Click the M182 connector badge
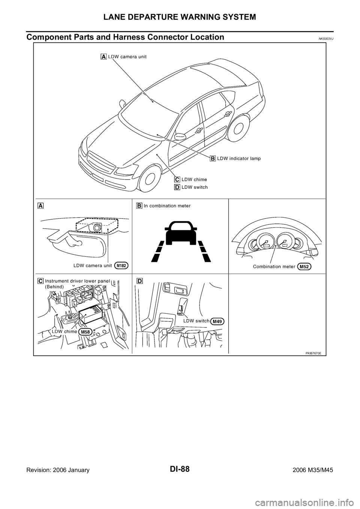click(121, 265)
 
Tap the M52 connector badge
click(304, 267)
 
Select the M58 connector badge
click(85, 332)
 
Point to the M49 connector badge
click(217, 321)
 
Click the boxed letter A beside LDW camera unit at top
click(103, 57)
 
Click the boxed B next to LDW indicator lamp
click(213, 159)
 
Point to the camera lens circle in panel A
click(97, 228)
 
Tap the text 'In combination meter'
click(167, 206)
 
